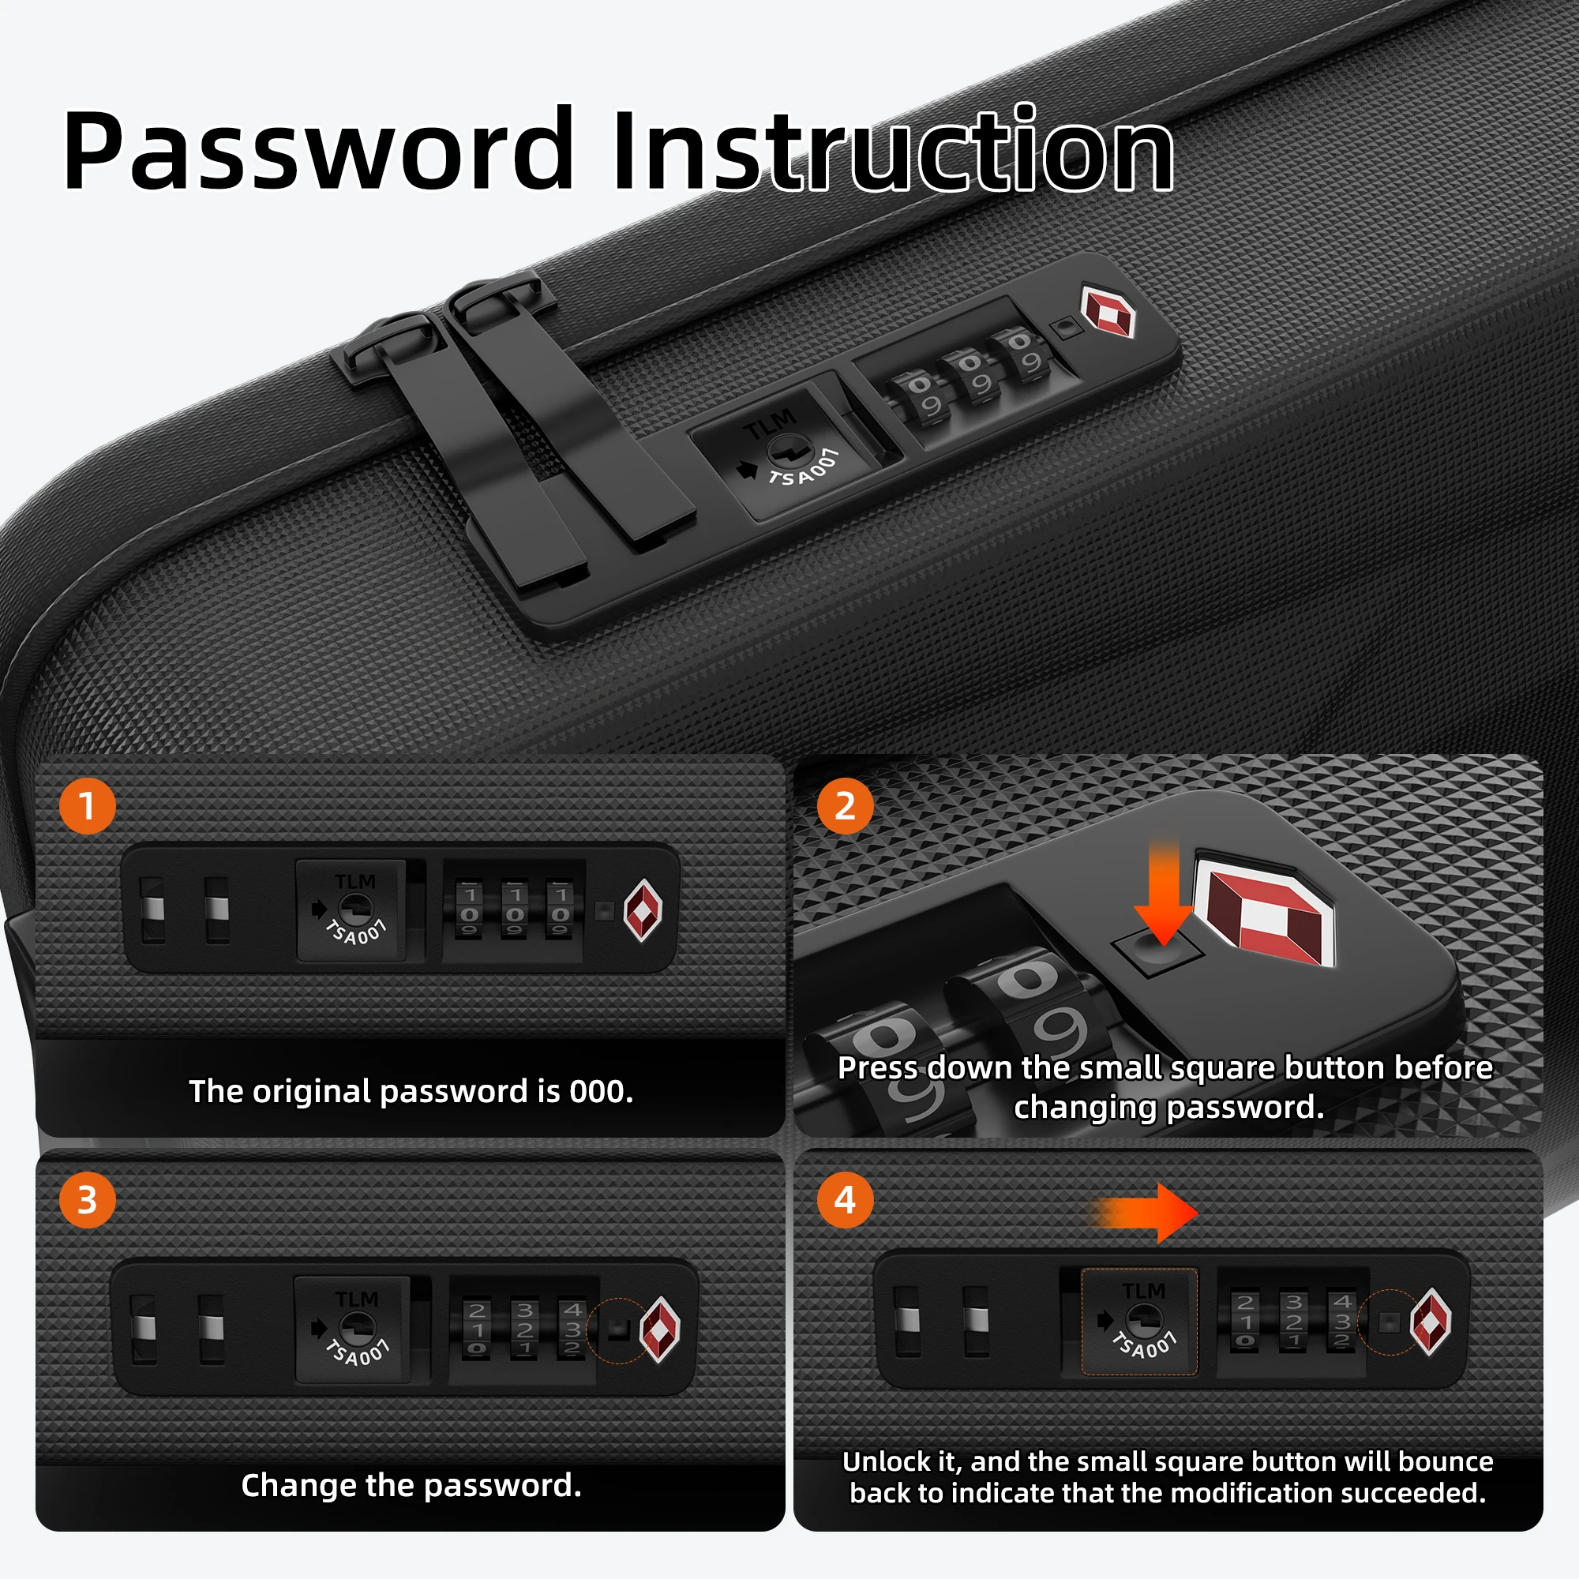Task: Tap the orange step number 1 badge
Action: (88, 807)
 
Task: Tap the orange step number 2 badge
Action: (845, 807)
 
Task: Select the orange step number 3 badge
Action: (88, 1200)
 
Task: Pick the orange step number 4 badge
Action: (845, 1200)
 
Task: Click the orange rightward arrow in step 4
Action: (1148, 1213)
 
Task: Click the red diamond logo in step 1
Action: (643, 910)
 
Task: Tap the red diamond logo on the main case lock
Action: (1108, 311)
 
